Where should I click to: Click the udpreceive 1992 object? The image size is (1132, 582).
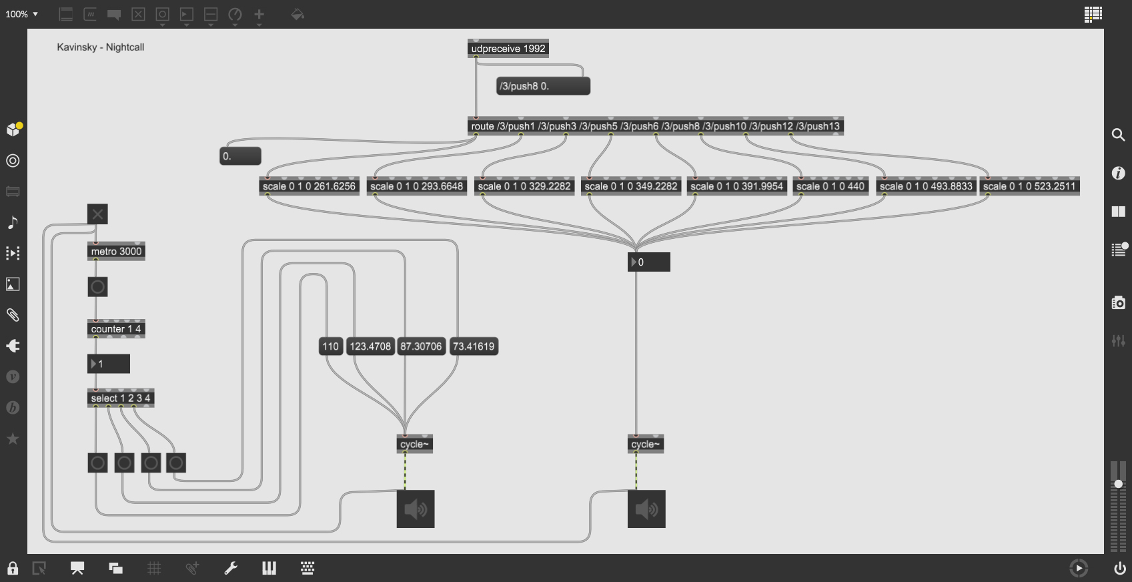[x=508, y=49]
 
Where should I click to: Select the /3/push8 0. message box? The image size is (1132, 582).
[x=543, y=86]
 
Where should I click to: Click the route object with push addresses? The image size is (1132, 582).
[x=656, y=126]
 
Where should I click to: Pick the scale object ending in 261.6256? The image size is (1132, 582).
[x=310, y=186]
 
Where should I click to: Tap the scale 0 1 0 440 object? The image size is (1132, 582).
[x=830, y=186]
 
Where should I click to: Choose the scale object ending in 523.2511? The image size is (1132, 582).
[x=1029, y=186]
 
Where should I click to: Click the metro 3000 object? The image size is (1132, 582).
[x=116, y=252]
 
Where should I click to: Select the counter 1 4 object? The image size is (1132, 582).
[x=116, y=328]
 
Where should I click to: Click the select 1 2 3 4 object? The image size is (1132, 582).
[x=121, y=398]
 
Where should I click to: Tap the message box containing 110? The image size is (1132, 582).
[x=330, y=346]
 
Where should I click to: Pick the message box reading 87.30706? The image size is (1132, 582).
[x=422, y=346]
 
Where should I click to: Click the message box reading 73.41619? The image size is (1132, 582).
[x=474, y=346]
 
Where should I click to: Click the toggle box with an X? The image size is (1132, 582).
[x=97, y=214]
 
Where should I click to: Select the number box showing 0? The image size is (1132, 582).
[x=649, y=262]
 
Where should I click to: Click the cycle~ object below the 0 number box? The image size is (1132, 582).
[x=646, y=444]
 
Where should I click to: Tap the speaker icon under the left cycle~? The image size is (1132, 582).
[x=416, y=509]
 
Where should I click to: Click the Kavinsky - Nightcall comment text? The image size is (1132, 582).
[x=101, y=47]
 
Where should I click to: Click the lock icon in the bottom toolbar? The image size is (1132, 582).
[x=13, y=569]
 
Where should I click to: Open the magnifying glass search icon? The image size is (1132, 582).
[x=1119, y=135]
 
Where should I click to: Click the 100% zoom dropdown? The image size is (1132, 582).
[x=22, y=14]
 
